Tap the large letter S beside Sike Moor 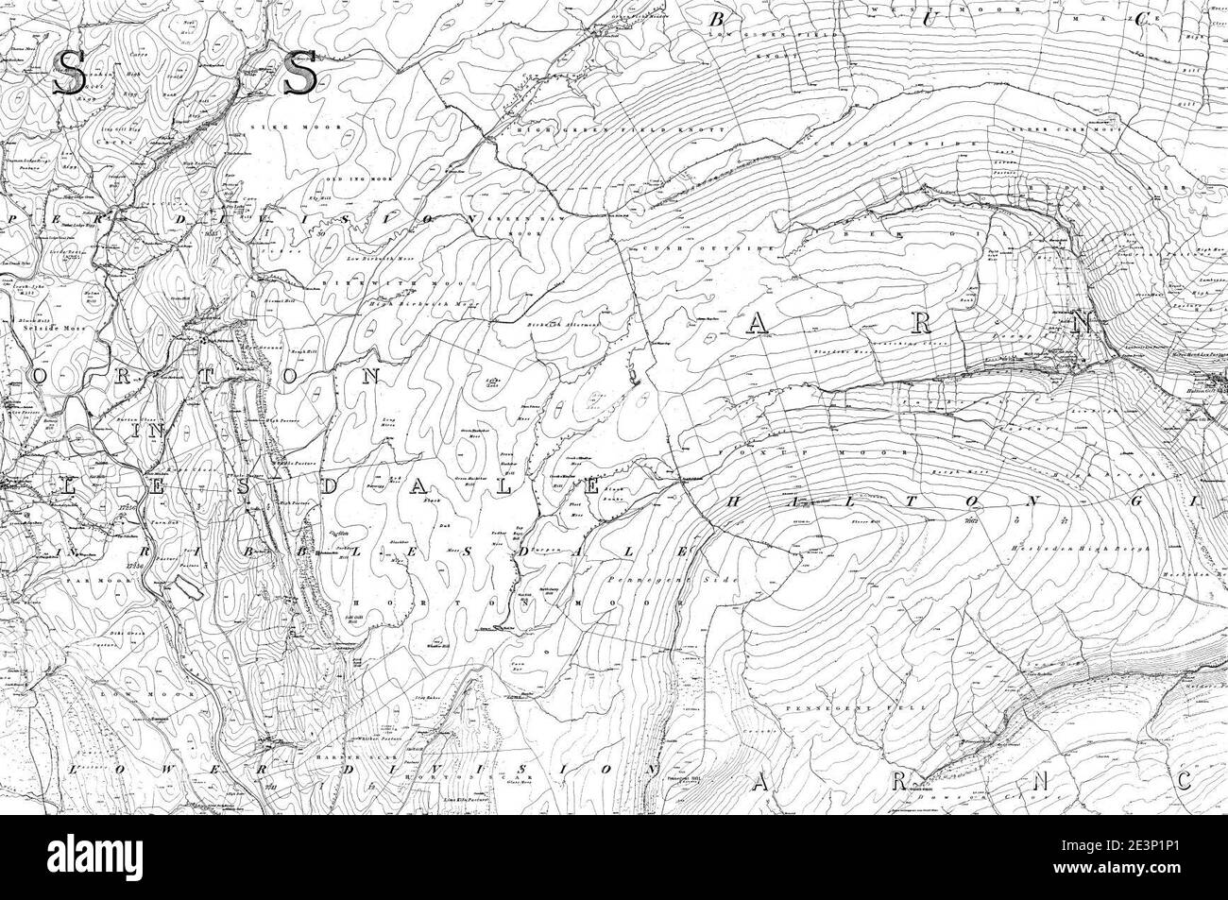point(299,72)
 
